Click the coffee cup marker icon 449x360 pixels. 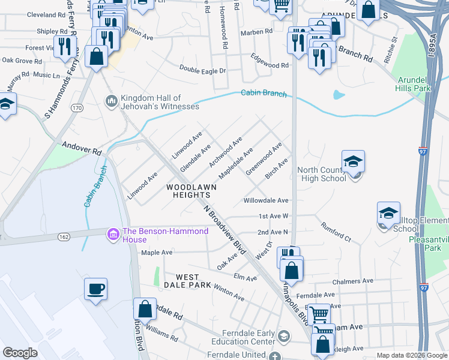tap(96, 289)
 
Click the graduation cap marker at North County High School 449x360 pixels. tap(353, 161)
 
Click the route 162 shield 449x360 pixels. tap(64, 237)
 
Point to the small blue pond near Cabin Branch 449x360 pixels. tap(339, 95)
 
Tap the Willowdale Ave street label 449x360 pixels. tap(266, 200)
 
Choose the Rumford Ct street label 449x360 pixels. tap(336, 232)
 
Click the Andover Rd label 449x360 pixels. tap(82, 149)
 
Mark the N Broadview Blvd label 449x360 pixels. tap(225, 231)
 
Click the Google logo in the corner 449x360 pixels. tap(20, 353)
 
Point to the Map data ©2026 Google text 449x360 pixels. tap(412, 355)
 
